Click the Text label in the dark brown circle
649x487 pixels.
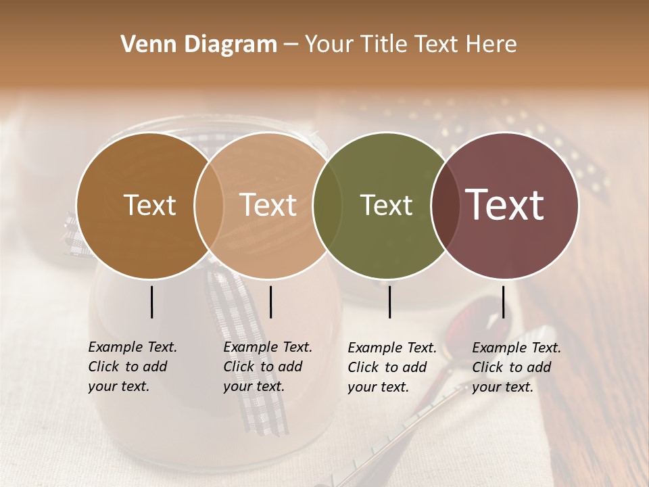pyautogui.click(x=150, y=205)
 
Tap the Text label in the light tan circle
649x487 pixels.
pyautogui.click(x=268, y=205)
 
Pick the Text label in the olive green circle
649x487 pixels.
pyautogui.click(x=386, y=205)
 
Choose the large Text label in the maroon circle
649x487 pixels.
pyautogui.click(x=505, y=205)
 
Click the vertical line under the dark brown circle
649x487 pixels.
pyautogui.click(x=151, y=302)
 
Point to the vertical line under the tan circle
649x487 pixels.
pyautogui.click(x=270, y=302)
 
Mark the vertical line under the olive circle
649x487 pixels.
pyautogui.click(x=389, y=302)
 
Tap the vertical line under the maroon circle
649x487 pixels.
pyautogui.click(x=503, y=302)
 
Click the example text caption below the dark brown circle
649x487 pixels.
pyautogui.click(x=132, y=367)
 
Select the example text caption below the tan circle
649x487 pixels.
pyautogui.click(x=267, y=367)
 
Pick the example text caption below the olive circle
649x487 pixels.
pyautogui.click(x=391, y=367)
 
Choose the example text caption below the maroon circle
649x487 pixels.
pyautogui.click(x=516, y=367)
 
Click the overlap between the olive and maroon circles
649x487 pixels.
pyautogui.click(x=443, y=205)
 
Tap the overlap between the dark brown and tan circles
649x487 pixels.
pyautogui.click(x=209, y=205)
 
